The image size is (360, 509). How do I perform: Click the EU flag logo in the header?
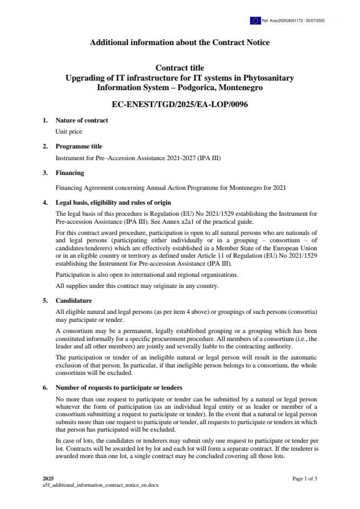pyautogui.click(x=256, y=21)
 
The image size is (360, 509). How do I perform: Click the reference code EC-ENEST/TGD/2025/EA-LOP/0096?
pyautogui.click(x=180, y=104)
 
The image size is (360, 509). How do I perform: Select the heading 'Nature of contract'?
pyautogui.click(x=82, y=120)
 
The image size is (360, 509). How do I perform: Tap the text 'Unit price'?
pyautogui.click(x=69, y=131)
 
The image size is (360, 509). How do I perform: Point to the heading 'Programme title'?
pyautogui.click(x=79, y=146)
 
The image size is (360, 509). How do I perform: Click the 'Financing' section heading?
pyautogui.click(x=70, y=173)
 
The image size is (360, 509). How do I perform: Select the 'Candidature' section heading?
pyautogui.click(x=74, y=301)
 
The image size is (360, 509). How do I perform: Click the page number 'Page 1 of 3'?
pyautogui.click(x=305, y=479)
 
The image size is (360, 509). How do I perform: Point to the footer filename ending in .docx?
pyautogui.click(x=101, y=485)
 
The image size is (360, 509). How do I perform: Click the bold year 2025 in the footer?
pyautogui.click(x=48, y=479)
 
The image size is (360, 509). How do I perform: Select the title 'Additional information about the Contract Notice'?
pyautogui.click(x=180, y=42)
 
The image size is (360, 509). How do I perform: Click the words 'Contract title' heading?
pyautogui.click(x=180, y=68)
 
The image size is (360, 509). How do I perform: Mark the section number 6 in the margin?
pyautogui.click(x=45, y=388)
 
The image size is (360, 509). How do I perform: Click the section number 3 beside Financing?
pyautogui.click(x=45, y=173)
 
